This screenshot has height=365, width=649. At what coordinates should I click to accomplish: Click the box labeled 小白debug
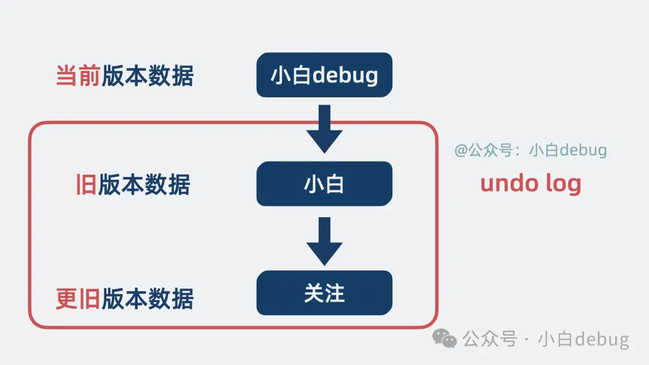(x=324, y=75)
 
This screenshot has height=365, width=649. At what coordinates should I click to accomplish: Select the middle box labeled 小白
(x=324, y=184)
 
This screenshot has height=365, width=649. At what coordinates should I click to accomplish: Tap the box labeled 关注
(x=324, y=293)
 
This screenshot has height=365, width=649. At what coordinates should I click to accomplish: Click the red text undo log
(x=531, y=183)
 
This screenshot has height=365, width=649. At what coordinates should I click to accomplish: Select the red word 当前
(x=78, y=76)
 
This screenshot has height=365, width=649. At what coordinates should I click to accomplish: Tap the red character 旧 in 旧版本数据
(x=85, y=185)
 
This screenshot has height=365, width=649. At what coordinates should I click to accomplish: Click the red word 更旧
(x=78, y=298)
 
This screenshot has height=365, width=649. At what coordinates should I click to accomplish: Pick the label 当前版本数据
(x=124, y=76)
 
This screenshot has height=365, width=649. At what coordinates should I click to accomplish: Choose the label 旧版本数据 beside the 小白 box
(x=132, y=185)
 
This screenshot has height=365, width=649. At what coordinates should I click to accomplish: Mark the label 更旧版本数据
(x=124, y=298)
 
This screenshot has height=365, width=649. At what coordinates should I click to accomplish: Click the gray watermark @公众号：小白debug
(x=531, y=150)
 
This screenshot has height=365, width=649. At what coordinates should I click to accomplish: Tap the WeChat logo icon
(x=445, y=339)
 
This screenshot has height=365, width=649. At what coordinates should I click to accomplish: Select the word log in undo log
(x=561, y=184)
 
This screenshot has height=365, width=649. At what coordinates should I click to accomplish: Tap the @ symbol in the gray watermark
(x=461, y=150)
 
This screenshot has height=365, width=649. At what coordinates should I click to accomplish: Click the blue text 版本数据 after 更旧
(x=147, y=298)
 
